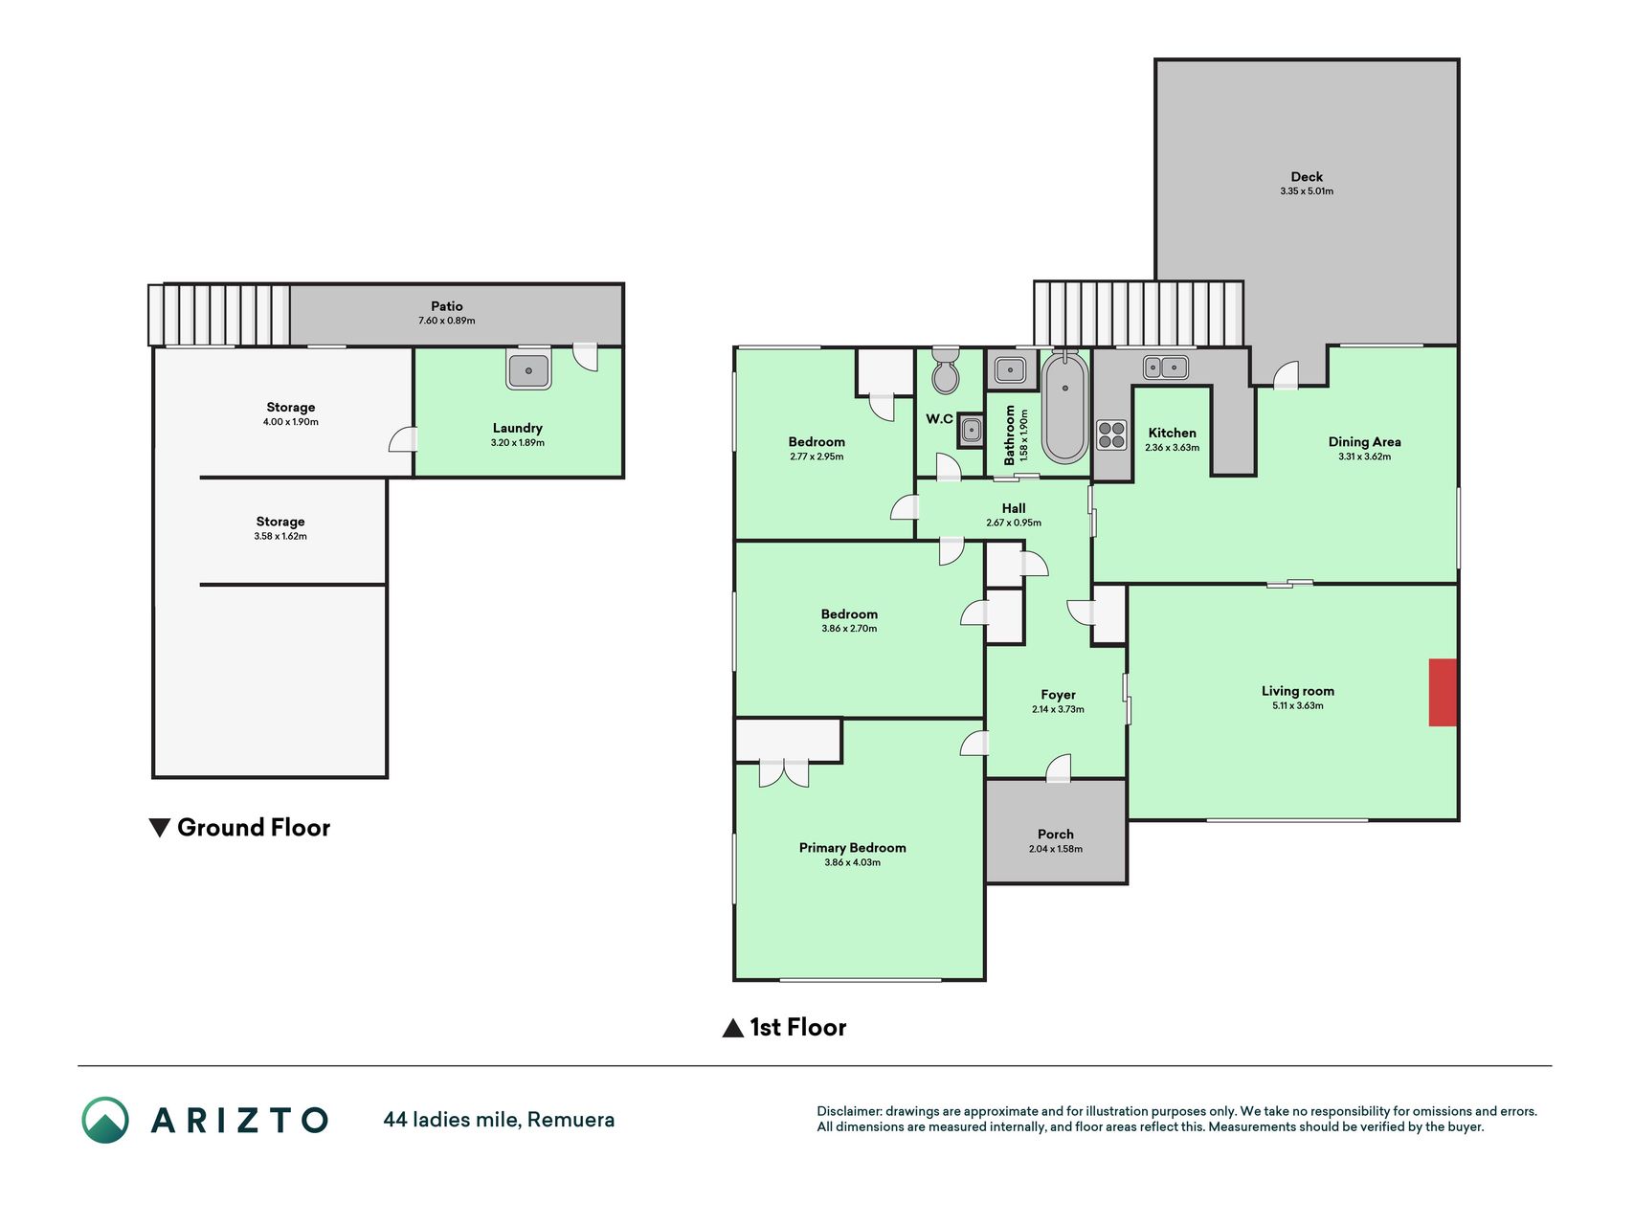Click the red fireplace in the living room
pos(1443,692)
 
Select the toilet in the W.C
pos(945,370)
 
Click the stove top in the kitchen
pos(1111,434)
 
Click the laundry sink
pos(528,370)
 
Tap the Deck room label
pos(1307,177)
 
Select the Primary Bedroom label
pos(852,848)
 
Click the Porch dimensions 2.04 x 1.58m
pos(1056,849)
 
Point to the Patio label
pos(446,306)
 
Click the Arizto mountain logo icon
pos(105,1120)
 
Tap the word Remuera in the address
pos(571,1120)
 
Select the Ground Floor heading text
pos(254,827)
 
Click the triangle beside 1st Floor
pos(732,1028)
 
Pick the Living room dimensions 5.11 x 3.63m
pos(1297,706)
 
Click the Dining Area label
pos(1364,442)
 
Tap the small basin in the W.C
pos(971,432)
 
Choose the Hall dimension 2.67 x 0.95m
pos(1014,523)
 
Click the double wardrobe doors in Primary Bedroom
pos(784,772)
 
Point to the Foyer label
pos(1058,696)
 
